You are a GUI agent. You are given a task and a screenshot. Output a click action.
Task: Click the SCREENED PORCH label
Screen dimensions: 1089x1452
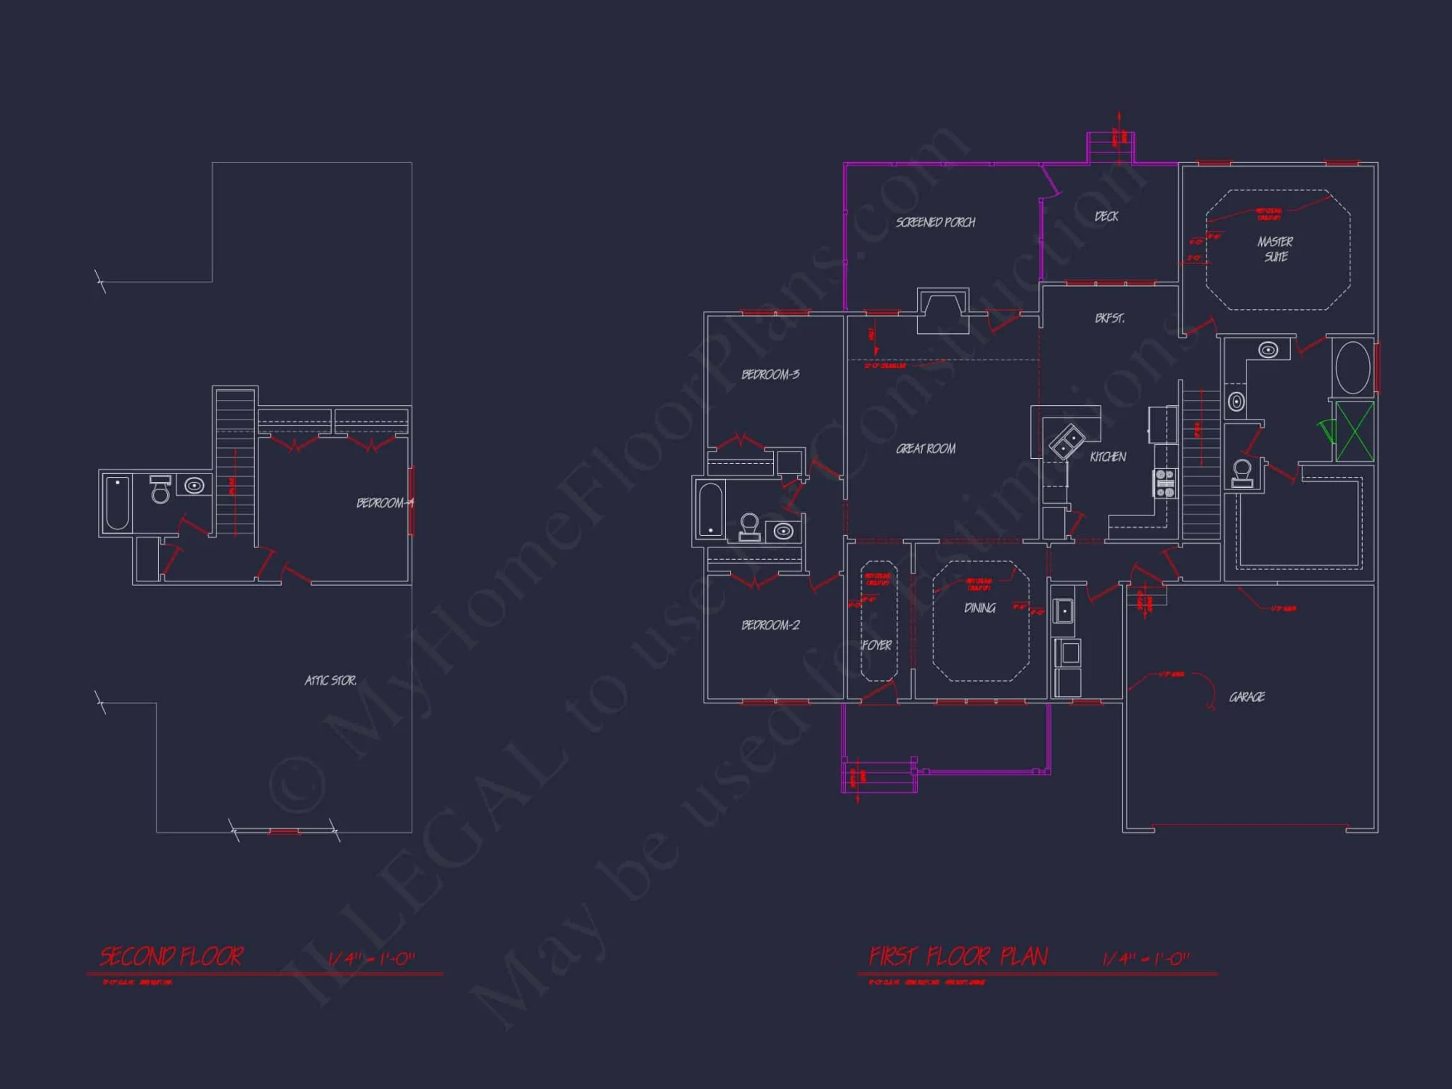point(935,222)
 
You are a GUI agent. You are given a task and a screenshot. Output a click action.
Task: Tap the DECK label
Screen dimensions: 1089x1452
point(1106,216)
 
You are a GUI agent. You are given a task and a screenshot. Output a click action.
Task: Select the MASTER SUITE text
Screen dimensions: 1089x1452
point(1276,249)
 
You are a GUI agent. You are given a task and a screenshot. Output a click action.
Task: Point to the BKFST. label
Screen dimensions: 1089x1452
point(1109,318)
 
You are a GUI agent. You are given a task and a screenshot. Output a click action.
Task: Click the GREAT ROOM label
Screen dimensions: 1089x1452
point(926,449)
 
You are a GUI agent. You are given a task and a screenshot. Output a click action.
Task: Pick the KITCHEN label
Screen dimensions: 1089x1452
point(1108,457)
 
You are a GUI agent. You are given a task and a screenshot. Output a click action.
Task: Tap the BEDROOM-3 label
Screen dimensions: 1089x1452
point(770,375)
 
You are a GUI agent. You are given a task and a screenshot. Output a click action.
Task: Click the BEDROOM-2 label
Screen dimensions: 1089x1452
point(770,625)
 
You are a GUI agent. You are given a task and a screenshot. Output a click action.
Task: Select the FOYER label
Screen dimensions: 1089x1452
point(877,645)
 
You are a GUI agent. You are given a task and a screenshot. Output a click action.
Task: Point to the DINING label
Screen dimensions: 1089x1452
point(979,608)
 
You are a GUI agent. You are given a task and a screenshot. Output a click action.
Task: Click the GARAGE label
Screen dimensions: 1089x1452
point(1247,697)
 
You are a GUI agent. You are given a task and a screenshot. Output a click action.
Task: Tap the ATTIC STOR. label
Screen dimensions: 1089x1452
point(330,680)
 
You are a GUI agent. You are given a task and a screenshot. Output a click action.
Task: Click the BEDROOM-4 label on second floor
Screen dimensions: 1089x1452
point(384,503)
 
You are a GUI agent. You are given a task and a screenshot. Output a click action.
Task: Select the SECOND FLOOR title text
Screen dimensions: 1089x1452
point(171,957)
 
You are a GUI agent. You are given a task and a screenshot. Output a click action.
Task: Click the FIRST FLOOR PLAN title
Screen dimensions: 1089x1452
point(958,957)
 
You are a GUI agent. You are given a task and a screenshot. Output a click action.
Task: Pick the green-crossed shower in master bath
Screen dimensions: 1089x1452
point(1355,431)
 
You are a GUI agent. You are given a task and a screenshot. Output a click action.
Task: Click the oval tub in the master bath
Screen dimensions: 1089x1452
point(1353,368)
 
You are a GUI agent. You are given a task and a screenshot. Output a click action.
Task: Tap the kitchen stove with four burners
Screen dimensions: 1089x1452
point(1165,484)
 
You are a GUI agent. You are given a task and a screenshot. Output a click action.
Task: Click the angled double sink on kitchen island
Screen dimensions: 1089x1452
point(1066,441)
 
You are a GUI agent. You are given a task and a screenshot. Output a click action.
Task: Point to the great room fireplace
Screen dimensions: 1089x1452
point(942,311)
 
